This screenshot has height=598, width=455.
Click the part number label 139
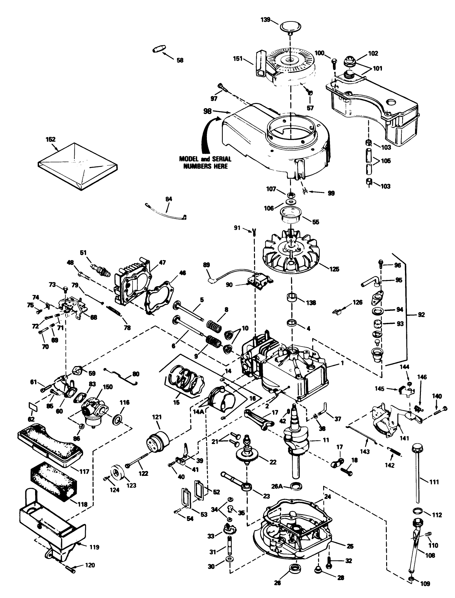265,19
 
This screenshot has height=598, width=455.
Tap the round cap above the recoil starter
290,27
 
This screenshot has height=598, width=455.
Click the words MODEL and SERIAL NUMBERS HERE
205,162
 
